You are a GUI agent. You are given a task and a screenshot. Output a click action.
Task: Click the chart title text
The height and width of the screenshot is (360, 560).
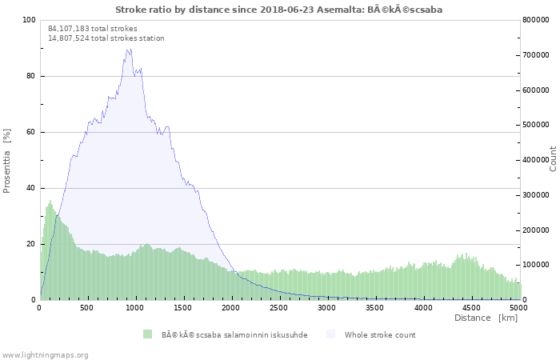278,10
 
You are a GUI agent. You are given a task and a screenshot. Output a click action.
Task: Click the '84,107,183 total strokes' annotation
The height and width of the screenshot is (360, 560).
93,29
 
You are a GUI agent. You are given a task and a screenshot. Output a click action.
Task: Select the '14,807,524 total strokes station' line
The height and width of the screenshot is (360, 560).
106,38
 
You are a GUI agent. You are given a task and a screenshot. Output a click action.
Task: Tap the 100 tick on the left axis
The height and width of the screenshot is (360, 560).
30,20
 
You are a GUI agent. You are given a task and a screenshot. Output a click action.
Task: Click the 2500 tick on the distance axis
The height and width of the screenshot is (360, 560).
278,308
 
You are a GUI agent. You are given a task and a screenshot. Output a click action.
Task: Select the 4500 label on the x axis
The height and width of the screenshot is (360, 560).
471,308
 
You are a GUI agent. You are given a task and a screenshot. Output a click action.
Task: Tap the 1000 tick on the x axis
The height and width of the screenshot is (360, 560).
134,308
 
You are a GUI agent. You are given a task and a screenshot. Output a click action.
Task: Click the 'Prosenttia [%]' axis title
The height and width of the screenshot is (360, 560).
6,161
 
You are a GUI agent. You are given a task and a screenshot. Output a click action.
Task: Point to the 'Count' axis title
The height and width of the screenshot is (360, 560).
553,159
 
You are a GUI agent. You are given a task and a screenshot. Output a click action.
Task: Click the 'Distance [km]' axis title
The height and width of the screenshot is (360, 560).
486,318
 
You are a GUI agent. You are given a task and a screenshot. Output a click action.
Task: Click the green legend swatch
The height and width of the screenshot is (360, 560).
147,334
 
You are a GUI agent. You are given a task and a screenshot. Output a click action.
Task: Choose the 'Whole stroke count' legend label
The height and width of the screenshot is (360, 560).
380,335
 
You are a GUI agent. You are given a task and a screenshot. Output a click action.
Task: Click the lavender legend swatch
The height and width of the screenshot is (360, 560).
331,334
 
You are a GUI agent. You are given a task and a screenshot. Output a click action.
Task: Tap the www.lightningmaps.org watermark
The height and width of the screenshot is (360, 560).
44,355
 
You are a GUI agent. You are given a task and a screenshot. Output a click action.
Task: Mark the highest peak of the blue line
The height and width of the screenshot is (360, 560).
130,50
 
